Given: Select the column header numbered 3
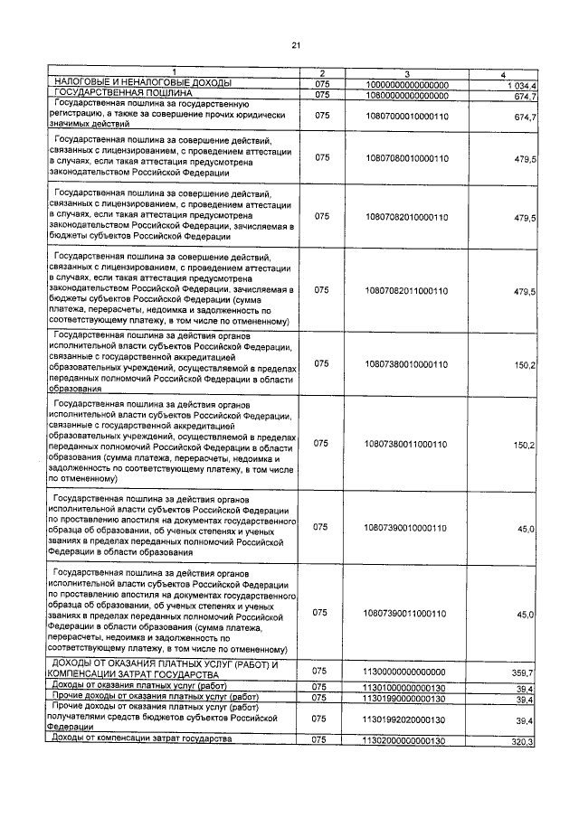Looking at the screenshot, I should [406, 72].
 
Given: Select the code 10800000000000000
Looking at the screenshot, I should [406, 94].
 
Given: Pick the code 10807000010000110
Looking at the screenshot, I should [406, 117].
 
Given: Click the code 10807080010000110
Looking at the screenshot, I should [406, 158].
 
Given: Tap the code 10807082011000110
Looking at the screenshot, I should [406, 292].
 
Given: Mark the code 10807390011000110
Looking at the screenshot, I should [406, 614].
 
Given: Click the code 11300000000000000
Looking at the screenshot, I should [406, 672].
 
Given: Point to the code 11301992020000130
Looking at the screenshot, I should [406, 719].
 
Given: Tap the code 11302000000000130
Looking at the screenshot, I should [406, 740].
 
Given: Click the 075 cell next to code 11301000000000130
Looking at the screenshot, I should [319, 687].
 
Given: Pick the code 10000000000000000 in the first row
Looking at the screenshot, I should [406, 84].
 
